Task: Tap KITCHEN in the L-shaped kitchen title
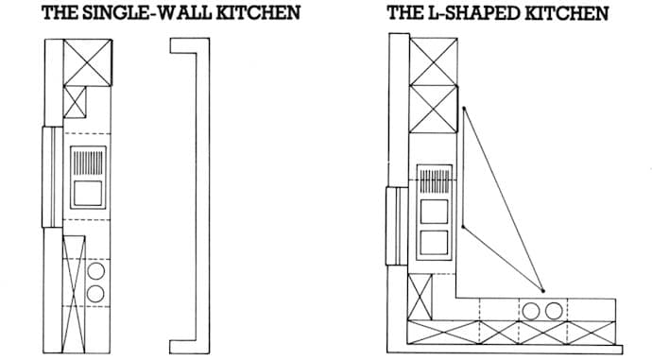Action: (564, 13)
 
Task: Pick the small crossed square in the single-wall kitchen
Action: (76, 101)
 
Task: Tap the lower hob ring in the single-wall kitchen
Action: (95, 293)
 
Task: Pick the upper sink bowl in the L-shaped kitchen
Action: (434, 209)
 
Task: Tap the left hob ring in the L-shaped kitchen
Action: (532, 309)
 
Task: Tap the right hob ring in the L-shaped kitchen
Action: (553, 309)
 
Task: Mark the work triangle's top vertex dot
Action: (463, 110)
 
